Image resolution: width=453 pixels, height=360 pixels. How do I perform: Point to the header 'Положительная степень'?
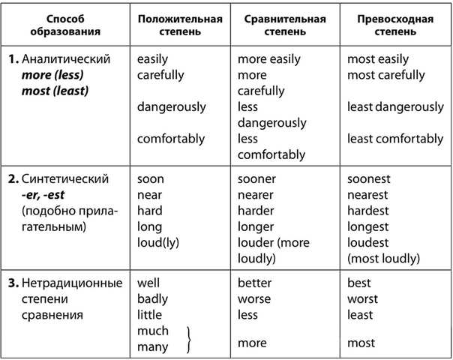pos(180,25)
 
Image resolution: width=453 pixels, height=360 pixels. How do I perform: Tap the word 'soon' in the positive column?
pos(151,179)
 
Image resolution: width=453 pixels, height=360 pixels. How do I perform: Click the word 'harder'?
pos(256,211)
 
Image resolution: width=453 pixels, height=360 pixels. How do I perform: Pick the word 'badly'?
pos(153,299)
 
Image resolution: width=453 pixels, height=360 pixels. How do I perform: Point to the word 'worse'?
pos(254,299)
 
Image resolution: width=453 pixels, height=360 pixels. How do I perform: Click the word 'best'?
pos(360,283)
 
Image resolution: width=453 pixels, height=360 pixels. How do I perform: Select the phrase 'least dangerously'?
pos(395,107)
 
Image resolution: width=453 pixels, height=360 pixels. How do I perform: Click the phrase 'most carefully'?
pos(385,75)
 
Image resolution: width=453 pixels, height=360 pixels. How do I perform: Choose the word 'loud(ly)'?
pos(159,242)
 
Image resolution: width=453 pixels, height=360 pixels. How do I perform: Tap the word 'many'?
pos(153,346)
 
